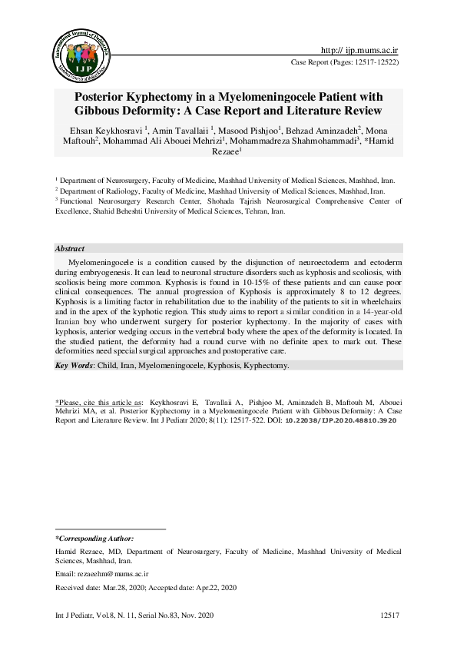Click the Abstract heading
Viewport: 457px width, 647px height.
pos(70,249)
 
